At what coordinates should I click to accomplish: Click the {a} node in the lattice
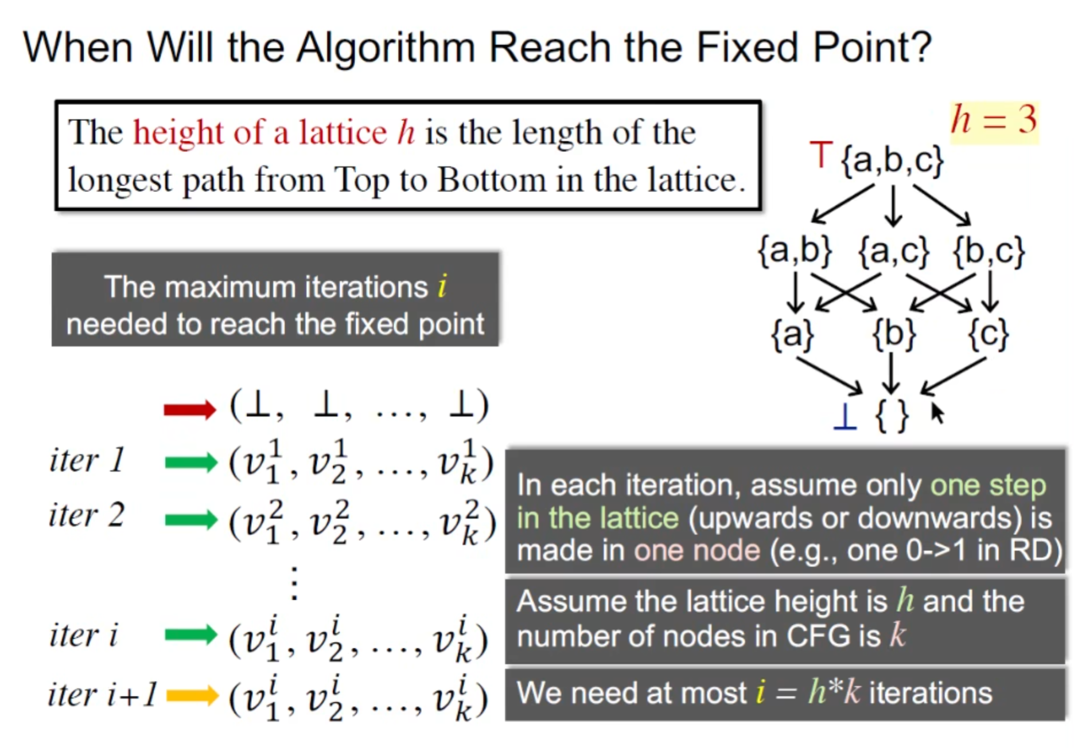793,334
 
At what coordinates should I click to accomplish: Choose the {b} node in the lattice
894,334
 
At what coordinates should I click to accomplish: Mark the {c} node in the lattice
988,334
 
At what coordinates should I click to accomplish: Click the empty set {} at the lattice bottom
892,416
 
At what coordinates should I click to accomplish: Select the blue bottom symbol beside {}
845,416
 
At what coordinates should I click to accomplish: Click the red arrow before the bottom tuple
190,409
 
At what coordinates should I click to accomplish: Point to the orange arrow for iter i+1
192,696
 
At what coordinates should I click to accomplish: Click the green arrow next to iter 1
191,463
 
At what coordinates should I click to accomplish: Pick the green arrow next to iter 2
191,520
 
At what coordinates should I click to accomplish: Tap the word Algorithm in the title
386,48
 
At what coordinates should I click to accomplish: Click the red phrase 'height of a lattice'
260,132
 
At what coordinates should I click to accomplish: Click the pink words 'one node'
697,551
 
